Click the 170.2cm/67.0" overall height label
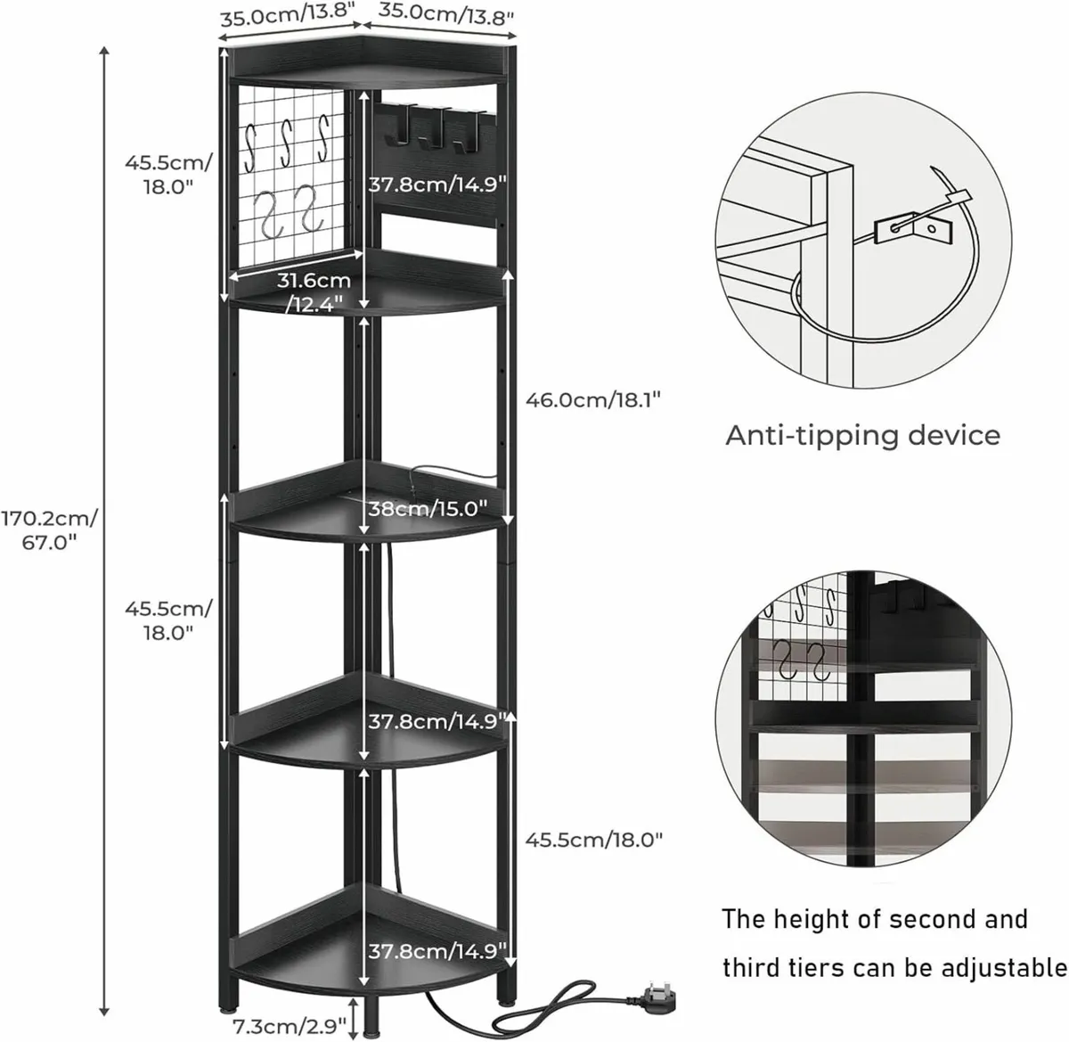pyautogui.click(x=49, y=530)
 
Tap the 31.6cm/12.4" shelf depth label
pyautogui.click(x=314, y=292)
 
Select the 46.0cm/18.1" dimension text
pyautogui.click(x=593, y=400)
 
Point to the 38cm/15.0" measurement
pyautogui.click(x=428, y=509)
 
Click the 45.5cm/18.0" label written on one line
pyautogui.click(x=593, y=839)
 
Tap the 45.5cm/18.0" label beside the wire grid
pyautogui.click(x=168, y=174)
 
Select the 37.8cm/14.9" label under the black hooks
pyautogui.click(x=437, y=185)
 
